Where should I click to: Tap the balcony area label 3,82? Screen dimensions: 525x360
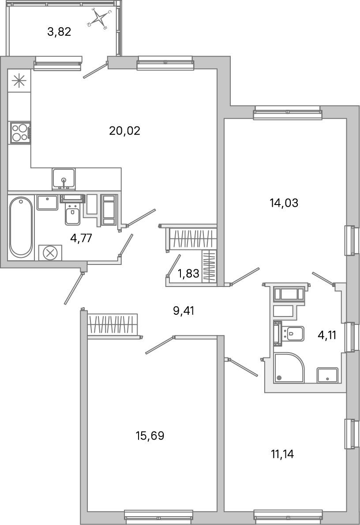click(x=59, y=31)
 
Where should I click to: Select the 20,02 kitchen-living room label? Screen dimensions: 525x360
click(x=124, y=130)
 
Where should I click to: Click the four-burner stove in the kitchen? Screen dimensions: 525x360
click(x=20, y=132)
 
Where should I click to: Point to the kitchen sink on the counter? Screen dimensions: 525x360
click(x=64, y=179)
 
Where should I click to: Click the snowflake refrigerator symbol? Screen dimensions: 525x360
click(x=19, y=81)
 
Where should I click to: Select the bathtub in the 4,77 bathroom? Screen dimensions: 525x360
click(x=21, y=227)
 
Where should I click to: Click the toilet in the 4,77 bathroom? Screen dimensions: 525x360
click(x=73, y=214)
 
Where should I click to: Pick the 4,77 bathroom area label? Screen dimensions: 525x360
click(x=81, y=238)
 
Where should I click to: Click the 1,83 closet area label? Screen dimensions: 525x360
click(x=188, y=274)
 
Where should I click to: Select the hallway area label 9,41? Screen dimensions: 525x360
click(x=184, y=311)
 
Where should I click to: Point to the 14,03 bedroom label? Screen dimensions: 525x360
click(x=284, y=203)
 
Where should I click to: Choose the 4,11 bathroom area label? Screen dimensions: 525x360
click(x=327, y=335)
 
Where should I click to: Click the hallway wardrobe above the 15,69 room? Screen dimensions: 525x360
click(x=113, y=325)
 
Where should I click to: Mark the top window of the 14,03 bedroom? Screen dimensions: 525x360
click(x=288, y=113)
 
